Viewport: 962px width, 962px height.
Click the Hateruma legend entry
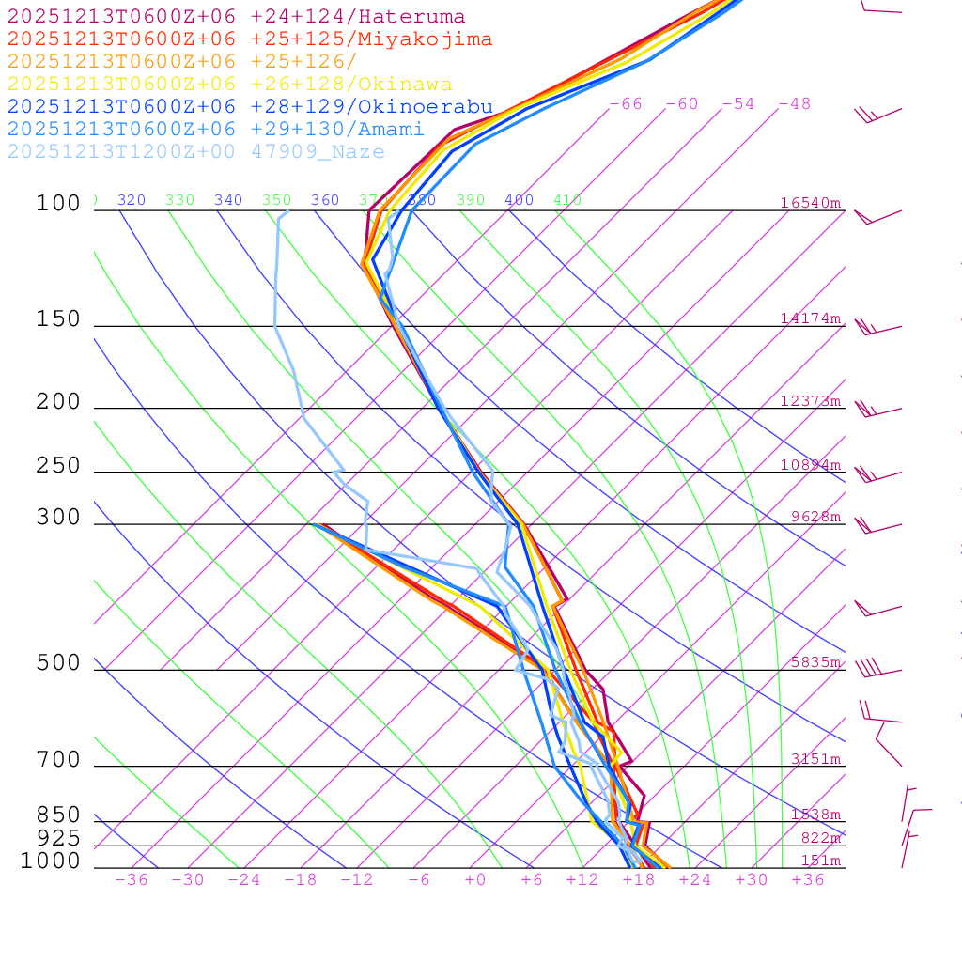click(x=236, y=17)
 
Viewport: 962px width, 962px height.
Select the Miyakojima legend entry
click(x=249, y=39)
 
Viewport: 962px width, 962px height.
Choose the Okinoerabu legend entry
click(x=249, y=107)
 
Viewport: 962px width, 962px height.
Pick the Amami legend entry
click(x=215, y=130)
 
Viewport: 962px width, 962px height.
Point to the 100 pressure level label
click(x=58, y=204)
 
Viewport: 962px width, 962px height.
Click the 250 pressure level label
click(x=58, y=466)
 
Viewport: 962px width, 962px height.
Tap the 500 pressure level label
click(x=58, y=663)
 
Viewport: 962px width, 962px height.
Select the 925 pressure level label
click(x=58, y=838)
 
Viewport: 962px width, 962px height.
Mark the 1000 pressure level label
click(x=51, y=861)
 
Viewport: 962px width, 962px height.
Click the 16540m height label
click(x=811, y=203)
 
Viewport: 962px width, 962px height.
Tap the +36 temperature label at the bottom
click(x=808, y=880)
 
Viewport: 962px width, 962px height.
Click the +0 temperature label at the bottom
click(x=475, y=880)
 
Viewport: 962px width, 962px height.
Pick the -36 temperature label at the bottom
click(x=132, y=880)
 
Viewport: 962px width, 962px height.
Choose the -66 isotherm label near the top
click(x=626, y=104)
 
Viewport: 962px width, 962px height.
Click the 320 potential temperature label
click(x=132, y=200)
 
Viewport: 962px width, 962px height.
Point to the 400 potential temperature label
click(x=519, y=200)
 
